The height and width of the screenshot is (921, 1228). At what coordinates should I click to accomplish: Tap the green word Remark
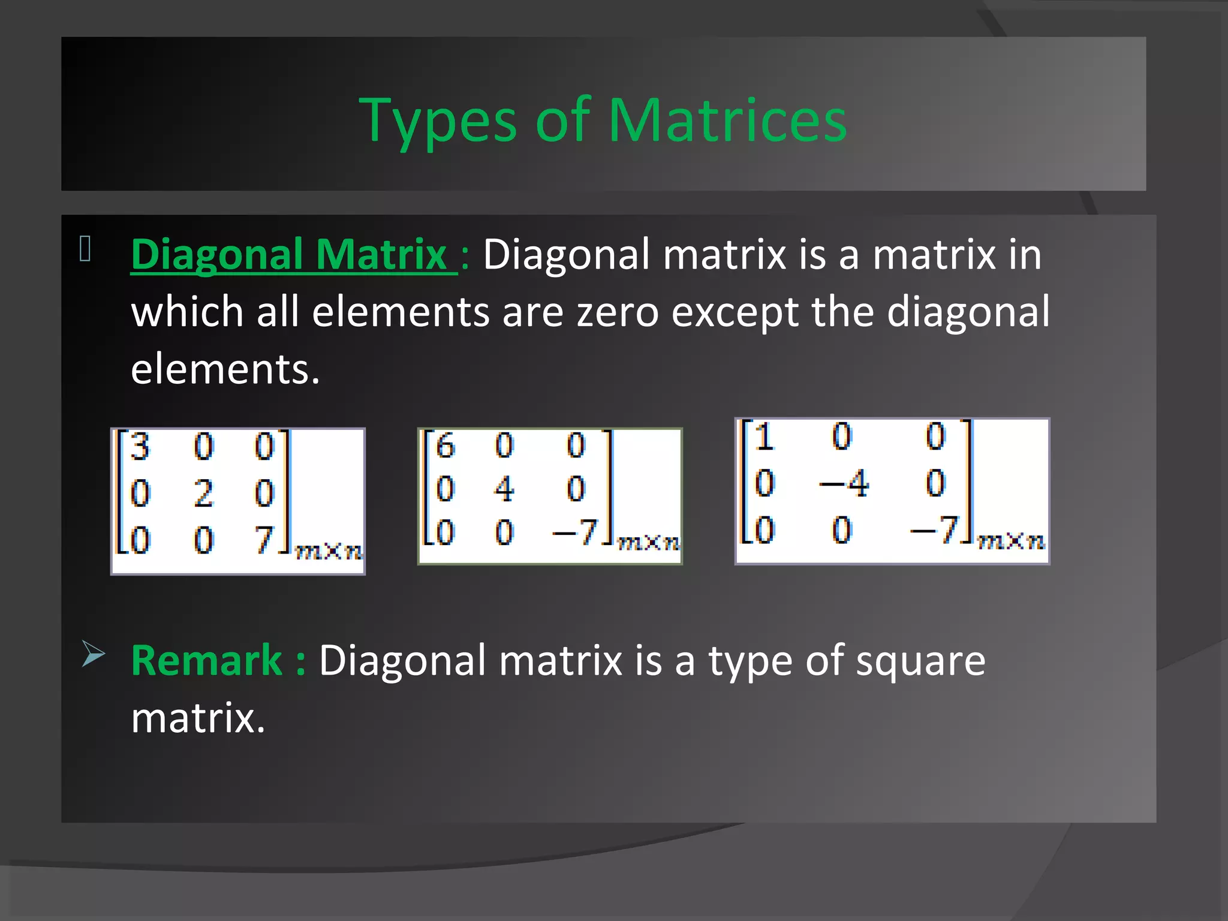pyautogui.click(x=206, y=661)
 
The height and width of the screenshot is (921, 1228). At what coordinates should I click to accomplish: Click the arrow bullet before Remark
pyautogui.click(x=93, y=654)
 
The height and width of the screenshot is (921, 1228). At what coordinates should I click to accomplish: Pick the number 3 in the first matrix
pyautogui.click(x=140, y=447)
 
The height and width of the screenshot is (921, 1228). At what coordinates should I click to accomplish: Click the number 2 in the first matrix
pyautogui.click(x=203, y=493)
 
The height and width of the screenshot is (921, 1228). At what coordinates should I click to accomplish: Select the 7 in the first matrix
pyautogui.click(x=264, y=539)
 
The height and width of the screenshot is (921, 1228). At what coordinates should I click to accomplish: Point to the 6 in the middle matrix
pyautogui.click(x=445, y=446)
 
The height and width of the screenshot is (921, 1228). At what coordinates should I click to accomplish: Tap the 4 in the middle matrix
pyautogui.click(x=504, y=489)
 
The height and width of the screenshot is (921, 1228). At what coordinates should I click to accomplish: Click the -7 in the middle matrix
pyautogui.click(x=574, y=531)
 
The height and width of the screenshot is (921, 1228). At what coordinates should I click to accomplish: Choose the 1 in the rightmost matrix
pyautogui.click(x=764, y=436)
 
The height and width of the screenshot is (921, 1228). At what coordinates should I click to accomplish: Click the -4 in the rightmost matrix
pyautogui.click(x=844, y=483)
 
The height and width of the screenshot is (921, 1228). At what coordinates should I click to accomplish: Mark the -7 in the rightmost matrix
pyautogui.click(x=934, y=530)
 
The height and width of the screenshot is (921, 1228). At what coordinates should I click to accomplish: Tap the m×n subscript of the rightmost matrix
pyautogui.click(x=1011, y=541)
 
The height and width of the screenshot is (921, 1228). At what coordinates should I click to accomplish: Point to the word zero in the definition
pyautogui.click(x=618, y=312)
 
